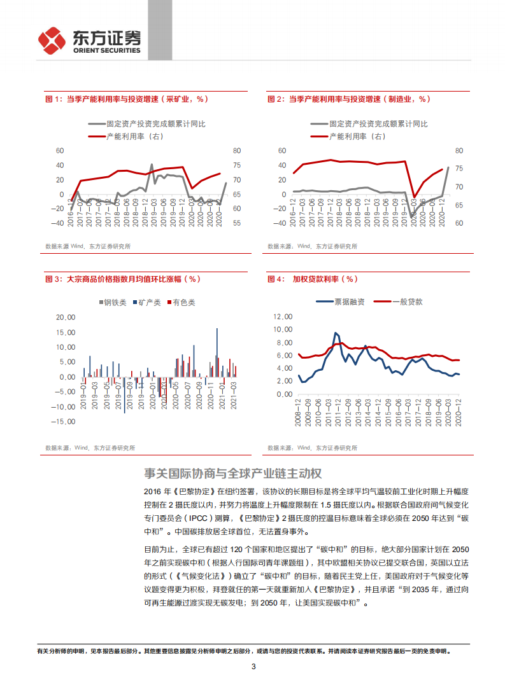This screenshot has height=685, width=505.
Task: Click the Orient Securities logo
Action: [x=89, y=41]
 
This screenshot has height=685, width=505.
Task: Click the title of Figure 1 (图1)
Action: [x=126, y=99]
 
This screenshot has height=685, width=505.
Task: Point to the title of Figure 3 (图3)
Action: [x=122, y=279]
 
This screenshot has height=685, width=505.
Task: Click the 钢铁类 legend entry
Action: [x=115, y=303]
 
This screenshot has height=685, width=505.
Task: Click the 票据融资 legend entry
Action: [x=341, y=301]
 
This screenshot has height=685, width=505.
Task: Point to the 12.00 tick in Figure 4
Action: [x=282, y=316]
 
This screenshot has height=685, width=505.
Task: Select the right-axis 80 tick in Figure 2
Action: [x=459, y=151]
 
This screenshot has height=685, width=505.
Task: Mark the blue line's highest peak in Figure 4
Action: [x=336, y=333]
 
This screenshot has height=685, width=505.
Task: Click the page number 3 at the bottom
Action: [x=253, y=667]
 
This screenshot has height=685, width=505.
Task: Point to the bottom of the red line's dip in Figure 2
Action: [x=414, y=197]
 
